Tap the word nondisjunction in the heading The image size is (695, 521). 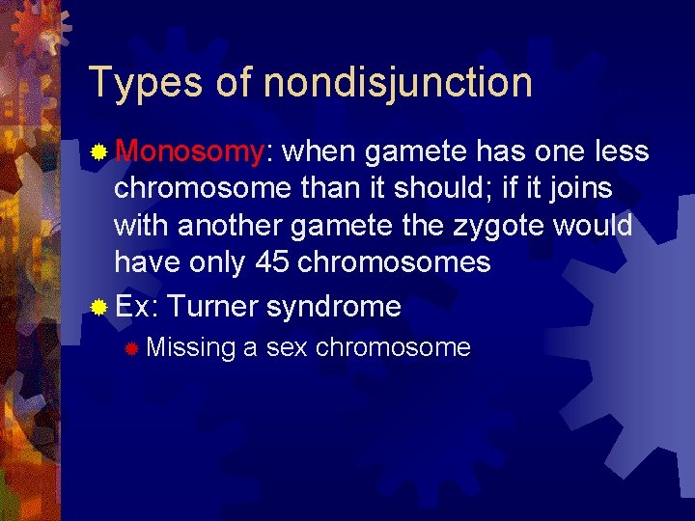coord(398,83)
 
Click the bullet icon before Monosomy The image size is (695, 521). coord(98,152)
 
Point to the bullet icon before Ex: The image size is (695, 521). coord(98,308)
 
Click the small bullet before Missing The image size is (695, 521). coord(132,348)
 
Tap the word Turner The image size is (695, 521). coord(212,307)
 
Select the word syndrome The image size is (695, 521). coord(333,307)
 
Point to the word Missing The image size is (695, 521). coord(191,347)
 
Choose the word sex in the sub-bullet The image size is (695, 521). coord(286,347)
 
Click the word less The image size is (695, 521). coord(622,151)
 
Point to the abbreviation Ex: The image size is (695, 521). coord(137,307)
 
